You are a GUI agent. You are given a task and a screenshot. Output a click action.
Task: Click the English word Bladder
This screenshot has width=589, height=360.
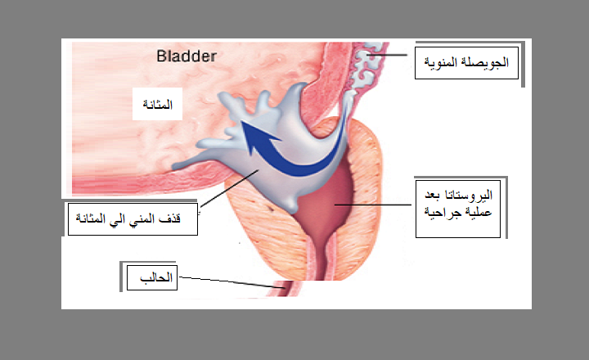(187, 56)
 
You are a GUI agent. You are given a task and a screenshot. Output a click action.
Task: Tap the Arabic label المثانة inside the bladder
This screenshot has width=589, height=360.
(157, 104)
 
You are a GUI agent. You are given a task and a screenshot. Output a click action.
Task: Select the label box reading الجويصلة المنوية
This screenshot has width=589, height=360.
(466, 63)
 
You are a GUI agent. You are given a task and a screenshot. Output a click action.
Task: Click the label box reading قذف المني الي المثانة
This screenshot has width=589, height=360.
(133, 219)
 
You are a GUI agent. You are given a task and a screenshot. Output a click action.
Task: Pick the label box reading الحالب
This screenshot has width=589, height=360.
(152, 277)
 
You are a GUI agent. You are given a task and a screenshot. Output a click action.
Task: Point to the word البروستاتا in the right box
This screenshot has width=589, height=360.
(469, 195)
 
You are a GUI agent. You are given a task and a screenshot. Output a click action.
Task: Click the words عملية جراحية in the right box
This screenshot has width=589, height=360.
(458, 213)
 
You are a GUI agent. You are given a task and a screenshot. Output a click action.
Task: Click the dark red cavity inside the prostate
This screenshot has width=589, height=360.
(327, 200)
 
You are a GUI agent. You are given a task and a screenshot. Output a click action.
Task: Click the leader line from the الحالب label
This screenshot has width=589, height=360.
(232, 282)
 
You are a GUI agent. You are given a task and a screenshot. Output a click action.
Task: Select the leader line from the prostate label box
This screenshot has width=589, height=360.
(373, 205)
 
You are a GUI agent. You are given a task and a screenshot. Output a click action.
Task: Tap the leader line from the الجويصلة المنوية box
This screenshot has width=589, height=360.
(387, 55)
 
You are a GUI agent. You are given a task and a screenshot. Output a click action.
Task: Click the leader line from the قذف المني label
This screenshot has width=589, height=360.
(230, 188)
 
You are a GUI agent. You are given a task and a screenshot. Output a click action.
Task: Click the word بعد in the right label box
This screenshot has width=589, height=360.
(433, 195)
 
